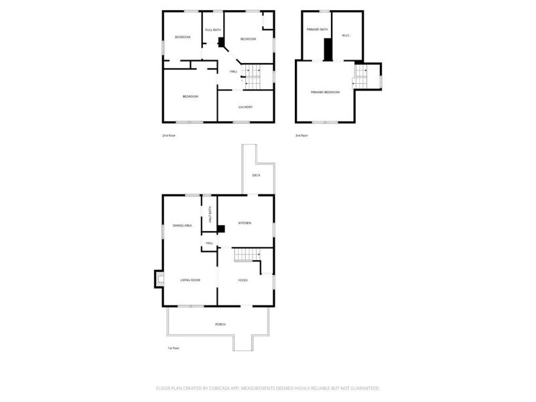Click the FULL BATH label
[213, 30]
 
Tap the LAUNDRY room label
[245, 107]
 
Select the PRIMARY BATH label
[317, 30]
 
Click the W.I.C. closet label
[346, 36]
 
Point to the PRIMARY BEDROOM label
[325, 92]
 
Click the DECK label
[256, 175]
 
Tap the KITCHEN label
[245, 223]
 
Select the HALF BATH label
[210, 214]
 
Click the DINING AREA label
[182, 226]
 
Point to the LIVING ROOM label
[190, 280]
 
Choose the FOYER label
[243, 280]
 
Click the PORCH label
[220, 324]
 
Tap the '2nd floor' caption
[169, 136]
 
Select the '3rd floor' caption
[301, 136]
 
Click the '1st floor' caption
[174, 348]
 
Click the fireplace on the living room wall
[159, 279]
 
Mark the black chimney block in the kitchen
[220, 228]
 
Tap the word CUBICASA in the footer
[227, 388]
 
